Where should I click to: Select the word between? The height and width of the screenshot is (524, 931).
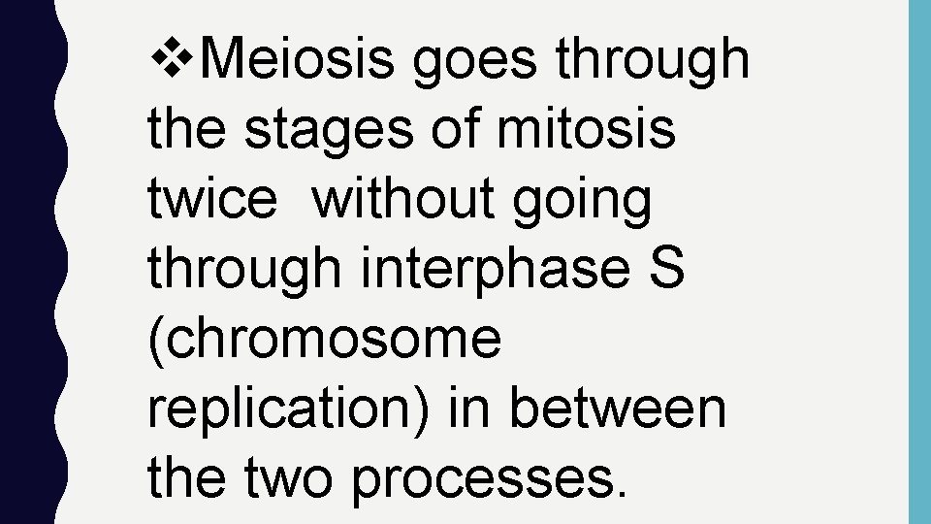(617, 409)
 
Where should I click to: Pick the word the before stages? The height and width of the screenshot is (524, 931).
(186, 130)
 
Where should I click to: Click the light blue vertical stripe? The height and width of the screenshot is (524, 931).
(918, 262)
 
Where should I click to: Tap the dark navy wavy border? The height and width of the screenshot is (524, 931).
(27, 262)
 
